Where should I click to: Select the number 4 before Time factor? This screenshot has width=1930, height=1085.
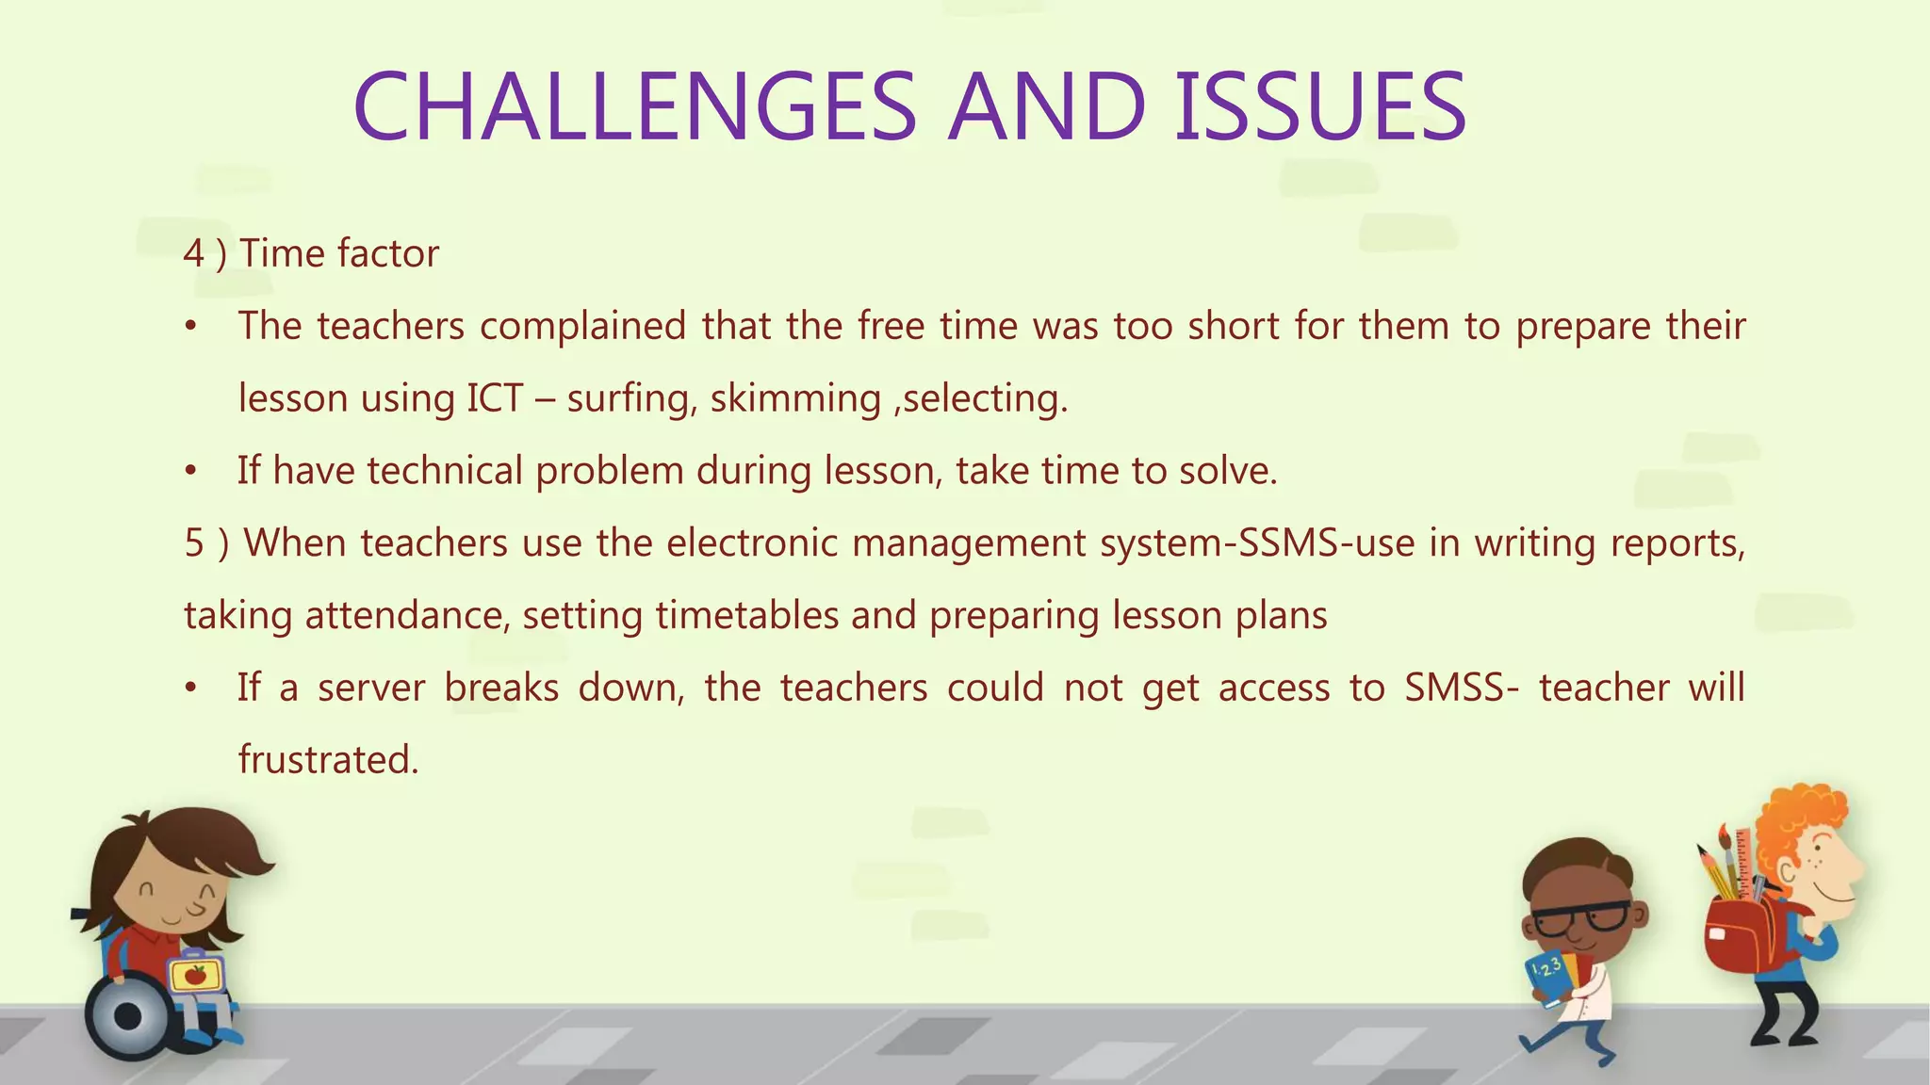(x=194, y=253)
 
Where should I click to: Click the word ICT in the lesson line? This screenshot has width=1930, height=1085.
(x=495, y=398)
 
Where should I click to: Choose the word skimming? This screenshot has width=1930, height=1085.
(x=795, y=398)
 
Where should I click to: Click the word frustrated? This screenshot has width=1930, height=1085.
(x=328, y=760)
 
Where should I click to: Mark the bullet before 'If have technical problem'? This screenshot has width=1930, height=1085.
(x=191, y=471)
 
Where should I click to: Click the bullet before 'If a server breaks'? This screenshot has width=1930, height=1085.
(x=191, y=688)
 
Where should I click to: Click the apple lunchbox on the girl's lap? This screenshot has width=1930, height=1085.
(x=196, y=974)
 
